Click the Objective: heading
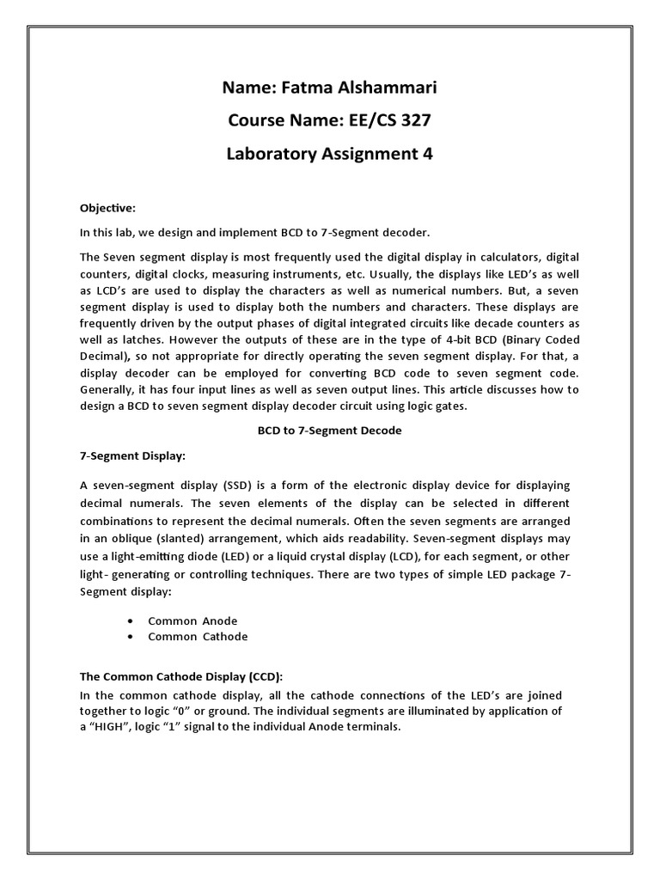coord(107,208)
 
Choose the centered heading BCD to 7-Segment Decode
coord(329,431)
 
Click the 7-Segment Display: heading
coord(132,455)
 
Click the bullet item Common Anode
coord(192,620)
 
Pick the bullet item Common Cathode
coord(198,637)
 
